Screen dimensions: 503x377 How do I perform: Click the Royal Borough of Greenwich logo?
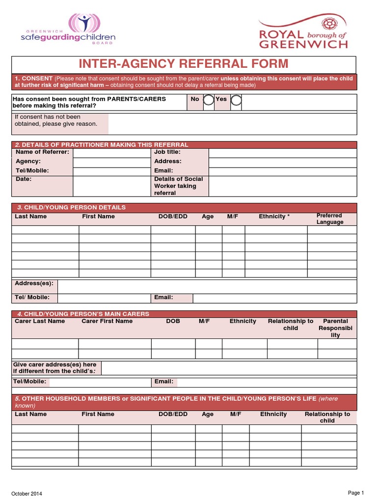point(303,32)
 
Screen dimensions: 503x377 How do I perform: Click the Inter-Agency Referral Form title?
point(184,64)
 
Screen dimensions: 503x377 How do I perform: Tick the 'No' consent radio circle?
point(209,100)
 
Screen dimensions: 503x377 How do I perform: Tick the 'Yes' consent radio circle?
point(236,100)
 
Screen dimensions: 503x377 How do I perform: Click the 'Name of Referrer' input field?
point(112,152)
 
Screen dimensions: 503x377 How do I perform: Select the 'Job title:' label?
point(167,152)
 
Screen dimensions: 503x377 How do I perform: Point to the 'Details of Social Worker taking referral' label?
point(178,186)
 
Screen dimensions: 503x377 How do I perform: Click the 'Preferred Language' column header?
point(329,219)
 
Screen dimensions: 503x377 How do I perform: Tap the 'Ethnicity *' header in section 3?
point(274,217)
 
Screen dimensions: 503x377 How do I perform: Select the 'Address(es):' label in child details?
point(34,284)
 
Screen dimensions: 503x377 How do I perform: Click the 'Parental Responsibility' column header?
point(335,328)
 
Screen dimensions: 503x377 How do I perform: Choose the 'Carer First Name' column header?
point(107,321)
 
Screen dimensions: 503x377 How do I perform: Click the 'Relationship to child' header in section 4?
point(290,325)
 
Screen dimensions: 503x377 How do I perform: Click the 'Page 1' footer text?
point(356,493)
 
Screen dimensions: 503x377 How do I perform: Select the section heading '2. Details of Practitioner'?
point(102,145)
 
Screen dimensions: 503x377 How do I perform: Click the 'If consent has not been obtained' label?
point(55,120)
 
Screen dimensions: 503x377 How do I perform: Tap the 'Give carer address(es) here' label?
point(55,368)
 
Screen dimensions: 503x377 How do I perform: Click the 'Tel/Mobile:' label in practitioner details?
point(32,170)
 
